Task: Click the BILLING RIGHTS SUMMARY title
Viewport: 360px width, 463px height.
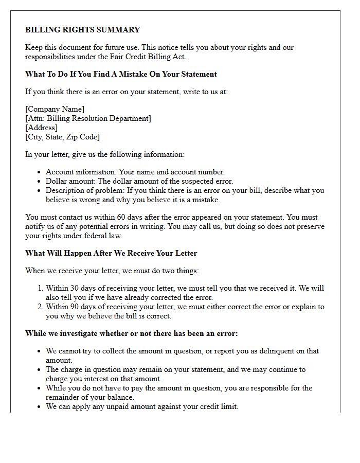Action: [82, 30]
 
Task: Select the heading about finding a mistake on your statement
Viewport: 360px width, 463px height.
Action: [121, 74]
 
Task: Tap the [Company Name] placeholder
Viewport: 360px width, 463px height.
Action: [55, 109]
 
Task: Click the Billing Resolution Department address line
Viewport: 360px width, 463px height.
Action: [88, 118]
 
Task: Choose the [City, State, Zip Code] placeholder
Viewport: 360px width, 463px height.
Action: [62, 137]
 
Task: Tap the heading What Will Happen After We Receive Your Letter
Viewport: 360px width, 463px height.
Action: [111, 253]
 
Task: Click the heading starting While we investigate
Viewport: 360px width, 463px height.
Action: [131, 333]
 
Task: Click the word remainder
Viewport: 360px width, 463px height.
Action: [63, 398]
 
